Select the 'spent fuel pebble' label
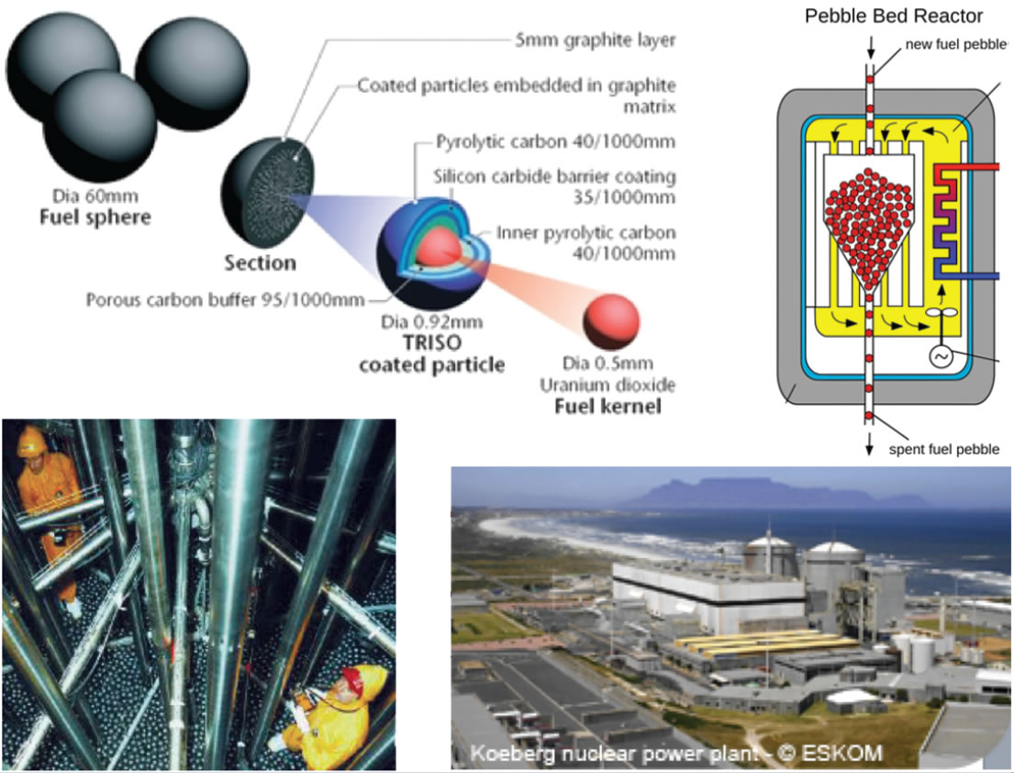[943, 449]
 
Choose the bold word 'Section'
[261, 263]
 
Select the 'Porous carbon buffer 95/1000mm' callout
[225, 299]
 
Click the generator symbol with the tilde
[941, 357]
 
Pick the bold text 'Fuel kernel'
[607, 405]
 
